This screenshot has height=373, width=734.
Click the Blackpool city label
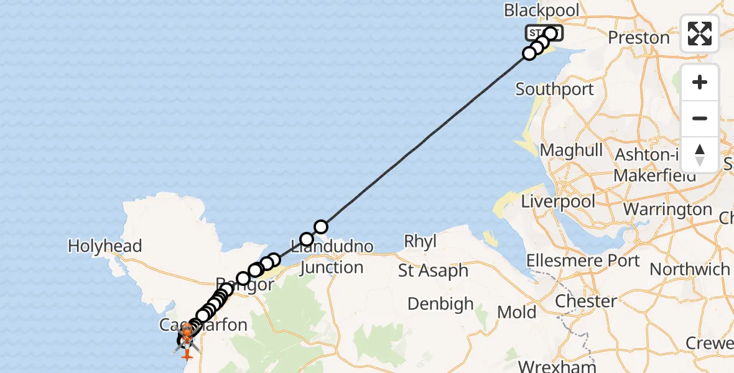(542, 11)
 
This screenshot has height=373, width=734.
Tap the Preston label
(639, 38)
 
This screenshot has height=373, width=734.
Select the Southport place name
(555, 90)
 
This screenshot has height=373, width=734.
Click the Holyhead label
(105, 246)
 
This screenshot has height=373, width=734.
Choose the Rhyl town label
(420, 241)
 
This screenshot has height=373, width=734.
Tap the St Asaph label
(434, 271)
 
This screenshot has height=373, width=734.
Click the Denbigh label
(440, 304)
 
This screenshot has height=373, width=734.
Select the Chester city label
(586, 302)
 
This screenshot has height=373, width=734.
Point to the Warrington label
(667, 210)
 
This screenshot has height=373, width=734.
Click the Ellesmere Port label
(583, 260)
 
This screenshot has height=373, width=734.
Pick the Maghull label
(572, 150)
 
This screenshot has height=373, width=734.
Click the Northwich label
(690, 269)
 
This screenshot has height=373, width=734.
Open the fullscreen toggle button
(700, 34)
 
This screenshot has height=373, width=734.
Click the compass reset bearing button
(700, 154)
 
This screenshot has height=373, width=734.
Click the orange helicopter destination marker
(187, 335)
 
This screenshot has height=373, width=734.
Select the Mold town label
(518, 311)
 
